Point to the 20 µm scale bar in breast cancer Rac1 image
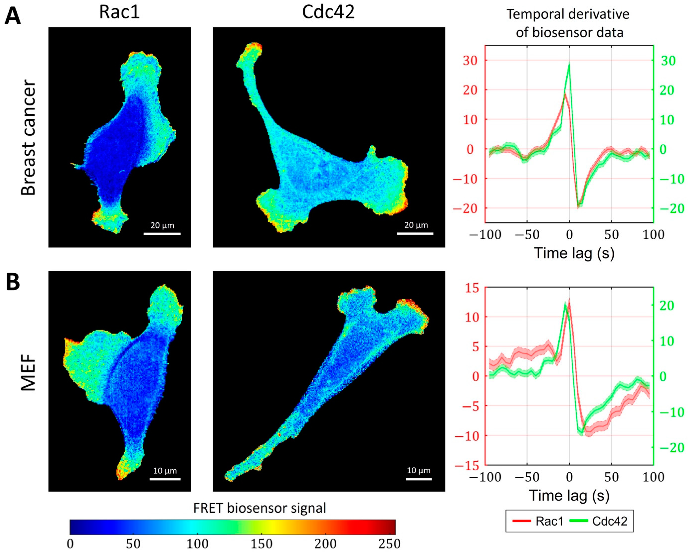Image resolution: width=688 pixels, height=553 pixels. pos(162,234)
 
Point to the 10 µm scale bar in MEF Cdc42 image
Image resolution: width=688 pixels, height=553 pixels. pos(419,479)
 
